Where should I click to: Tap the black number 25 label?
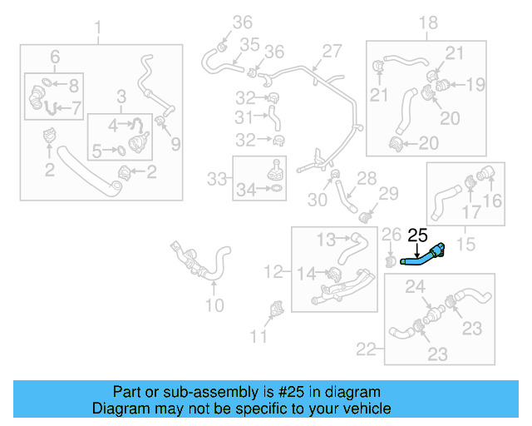pos(417,236)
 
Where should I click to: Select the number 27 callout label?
pos(332,52)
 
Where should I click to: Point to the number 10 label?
pos(214,306)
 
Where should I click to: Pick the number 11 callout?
pos(259,336)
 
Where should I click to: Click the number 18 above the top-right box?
pos(427,22)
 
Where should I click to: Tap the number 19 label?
pos(475,84)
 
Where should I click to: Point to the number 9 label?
pos(175,145)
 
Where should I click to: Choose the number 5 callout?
pos(97,151)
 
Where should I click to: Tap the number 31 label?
pos(244,116)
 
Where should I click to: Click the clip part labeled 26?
pos(389,263)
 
